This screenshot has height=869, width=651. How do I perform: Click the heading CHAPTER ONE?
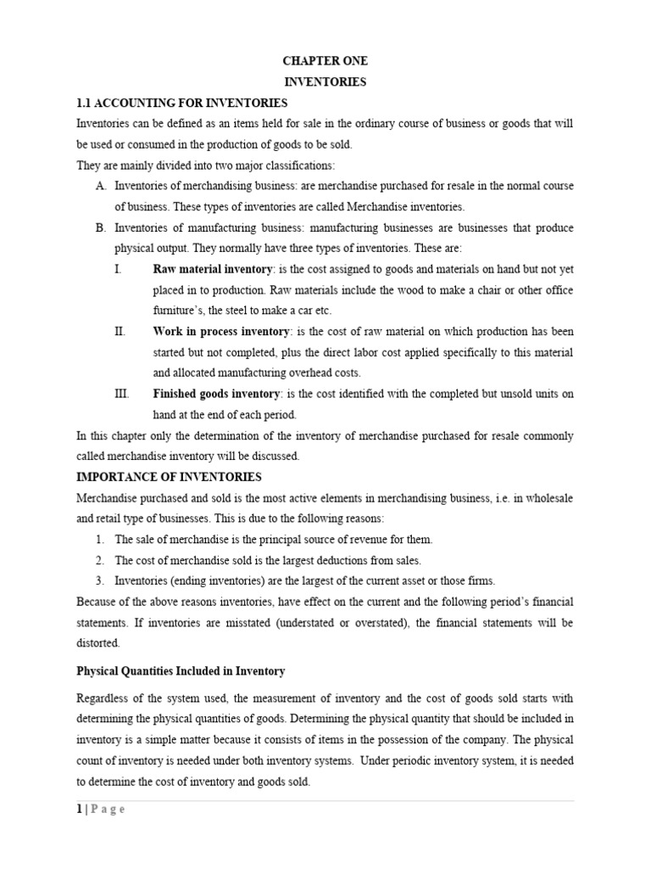click(325, 62)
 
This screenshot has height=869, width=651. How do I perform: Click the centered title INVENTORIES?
click(325, 82)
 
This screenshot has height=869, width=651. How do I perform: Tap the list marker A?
click(100, 187)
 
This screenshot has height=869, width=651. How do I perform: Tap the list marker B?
click(100, 228)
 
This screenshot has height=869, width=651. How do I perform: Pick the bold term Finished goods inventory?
click(215, 394)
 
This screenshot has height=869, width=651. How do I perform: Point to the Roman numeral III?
click(120, 394)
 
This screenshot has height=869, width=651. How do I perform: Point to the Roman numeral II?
click(119, 332)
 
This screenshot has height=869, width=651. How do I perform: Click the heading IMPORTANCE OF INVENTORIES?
click(169, 477)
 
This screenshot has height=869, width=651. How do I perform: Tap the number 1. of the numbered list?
click(99, 539)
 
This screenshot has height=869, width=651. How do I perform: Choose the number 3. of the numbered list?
click(99, 580)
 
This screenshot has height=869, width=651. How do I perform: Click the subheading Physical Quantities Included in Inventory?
click(181, 671)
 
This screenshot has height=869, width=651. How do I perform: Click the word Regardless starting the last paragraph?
click(103, 698)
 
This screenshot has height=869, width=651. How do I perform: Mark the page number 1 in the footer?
click(79, 810)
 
